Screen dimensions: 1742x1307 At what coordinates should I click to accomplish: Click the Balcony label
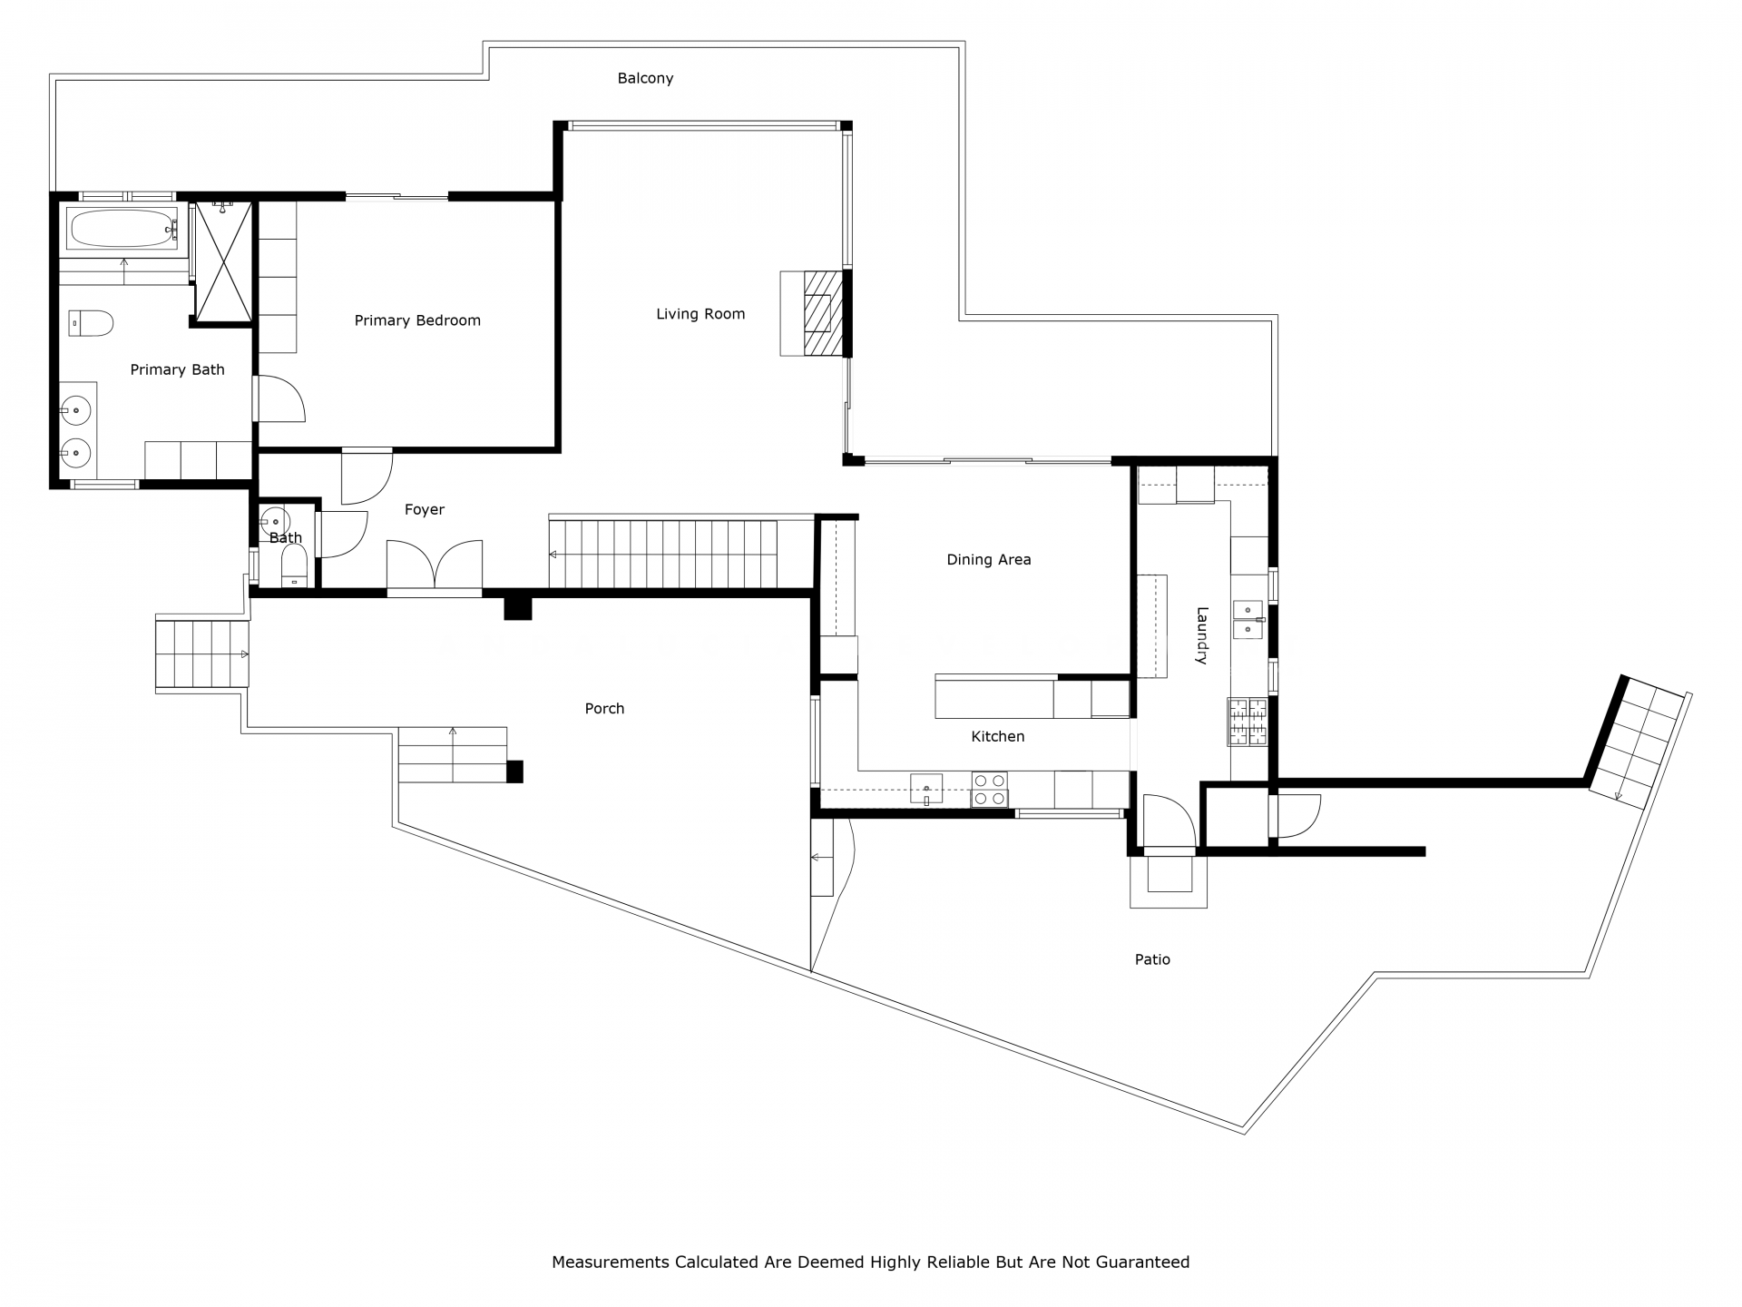pos(645,78)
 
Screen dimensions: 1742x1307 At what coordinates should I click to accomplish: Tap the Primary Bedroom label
pos(417,320)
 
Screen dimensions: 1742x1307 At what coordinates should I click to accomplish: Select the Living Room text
pos(700,314)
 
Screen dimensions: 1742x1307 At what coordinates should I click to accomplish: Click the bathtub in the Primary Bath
pos(123,229)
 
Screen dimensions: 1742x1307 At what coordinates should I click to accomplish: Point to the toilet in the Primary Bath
pos(91,322)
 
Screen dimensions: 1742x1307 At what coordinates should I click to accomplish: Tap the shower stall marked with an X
pos(222,262)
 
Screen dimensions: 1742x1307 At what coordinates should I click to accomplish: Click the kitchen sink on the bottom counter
pos(926,789)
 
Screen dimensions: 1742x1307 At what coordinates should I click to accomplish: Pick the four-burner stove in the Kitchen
pos(989,789)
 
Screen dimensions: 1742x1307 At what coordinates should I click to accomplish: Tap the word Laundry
pos(1201,635)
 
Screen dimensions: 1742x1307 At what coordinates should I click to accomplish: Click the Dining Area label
pos(989,560)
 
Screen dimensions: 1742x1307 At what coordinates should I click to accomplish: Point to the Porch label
pos(604,709)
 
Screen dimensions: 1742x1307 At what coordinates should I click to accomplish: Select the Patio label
pos(1152,959)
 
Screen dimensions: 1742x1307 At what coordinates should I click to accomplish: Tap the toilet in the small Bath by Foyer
pos(294,566)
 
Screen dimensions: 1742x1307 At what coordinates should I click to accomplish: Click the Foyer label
pos(425,510)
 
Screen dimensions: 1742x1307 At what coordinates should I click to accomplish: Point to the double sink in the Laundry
pos(1249,617)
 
